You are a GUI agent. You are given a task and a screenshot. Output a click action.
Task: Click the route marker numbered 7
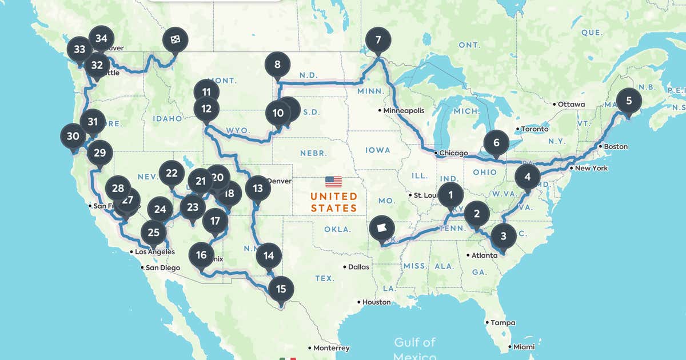coord(377,41)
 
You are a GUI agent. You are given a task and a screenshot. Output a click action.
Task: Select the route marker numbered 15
coord(281,289)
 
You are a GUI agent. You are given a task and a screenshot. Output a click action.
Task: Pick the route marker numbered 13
coord(258,188)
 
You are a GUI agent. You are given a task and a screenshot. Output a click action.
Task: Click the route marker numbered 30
coord(73,137)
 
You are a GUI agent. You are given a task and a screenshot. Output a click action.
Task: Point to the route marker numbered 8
coord(277,65)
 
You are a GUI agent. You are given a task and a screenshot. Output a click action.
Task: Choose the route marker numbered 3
coord(503,235)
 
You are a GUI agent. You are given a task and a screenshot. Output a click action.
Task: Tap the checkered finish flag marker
coord(173,39)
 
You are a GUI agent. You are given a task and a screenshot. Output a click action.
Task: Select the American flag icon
coord(334,182)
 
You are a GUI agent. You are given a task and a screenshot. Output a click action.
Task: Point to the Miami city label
coord(524,346)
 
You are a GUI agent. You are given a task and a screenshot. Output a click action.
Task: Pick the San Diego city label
coord(162,267)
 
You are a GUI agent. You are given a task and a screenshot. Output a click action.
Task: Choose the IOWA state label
coord(378,150)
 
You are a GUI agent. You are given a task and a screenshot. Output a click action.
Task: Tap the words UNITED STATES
coord(334,202)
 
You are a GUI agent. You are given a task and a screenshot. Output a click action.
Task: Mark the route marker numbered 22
coord(171,173)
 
